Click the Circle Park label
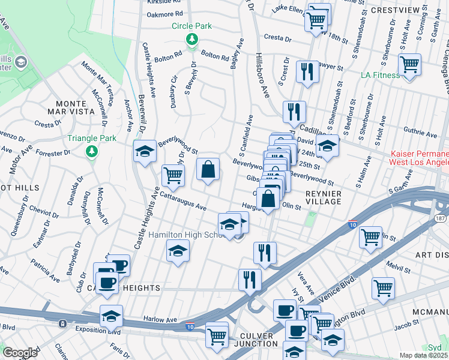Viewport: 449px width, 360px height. [192, 26]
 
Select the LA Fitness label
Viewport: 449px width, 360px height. [380, 75]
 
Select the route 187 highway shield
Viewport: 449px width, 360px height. [441, 218]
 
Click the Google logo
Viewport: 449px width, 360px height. [20, 352]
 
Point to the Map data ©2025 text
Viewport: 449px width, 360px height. [424, 355]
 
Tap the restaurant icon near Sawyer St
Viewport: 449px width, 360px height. [307, 71]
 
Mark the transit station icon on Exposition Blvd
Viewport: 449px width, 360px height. [62, 323]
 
